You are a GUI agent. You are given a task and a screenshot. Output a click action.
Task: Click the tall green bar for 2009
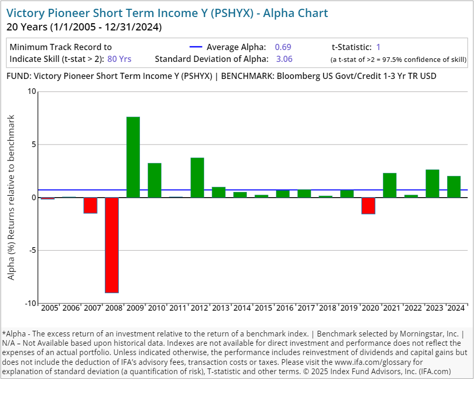coord(133,157)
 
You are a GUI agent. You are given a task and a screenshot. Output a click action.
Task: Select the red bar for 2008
coord(112,245)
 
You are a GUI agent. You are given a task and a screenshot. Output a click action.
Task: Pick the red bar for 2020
coord(368,205)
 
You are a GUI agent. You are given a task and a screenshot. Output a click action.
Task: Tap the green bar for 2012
coord(197,178)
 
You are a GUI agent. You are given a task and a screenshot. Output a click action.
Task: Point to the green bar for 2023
coord(432,184)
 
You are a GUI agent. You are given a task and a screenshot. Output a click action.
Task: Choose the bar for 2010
coord(154,180)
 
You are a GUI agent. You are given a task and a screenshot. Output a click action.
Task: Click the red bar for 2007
coord(90,205)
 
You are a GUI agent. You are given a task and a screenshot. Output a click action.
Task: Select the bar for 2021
coord(390,185)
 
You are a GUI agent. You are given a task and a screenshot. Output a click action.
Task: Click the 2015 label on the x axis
coord(263,308)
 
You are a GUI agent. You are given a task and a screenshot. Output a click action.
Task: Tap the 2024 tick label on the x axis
coord(456,308)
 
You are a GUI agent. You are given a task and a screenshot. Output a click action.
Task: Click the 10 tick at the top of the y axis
coord(32,92)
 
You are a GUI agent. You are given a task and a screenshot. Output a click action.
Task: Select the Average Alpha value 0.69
coord(283,47)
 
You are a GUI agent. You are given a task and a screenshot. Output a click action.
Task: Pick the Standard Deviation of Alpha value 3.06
coord(284,59)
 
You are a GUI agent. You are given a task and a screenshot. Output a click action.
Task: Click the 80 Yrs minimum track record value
coord(119,59)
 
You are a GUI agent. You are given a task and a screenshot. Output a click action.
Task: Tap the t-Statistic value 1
coord(378,47)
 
